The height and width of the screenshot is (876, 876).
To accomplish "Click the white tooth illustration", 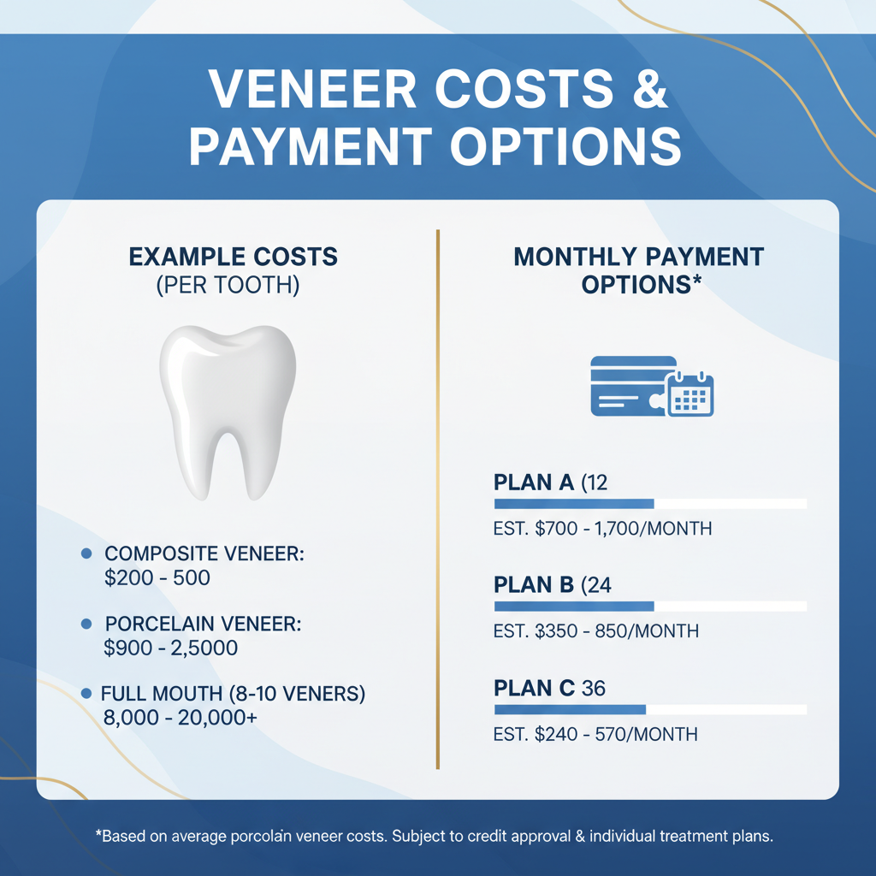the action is (228, 412).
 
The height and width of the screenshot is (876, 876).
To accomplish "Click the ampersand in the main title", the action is (650, 89).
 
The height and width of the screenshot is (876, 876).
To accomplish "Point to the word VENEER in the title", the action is (312, 89).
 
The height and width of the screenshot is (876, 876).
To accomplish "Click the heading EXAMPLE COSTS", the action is (233, 257).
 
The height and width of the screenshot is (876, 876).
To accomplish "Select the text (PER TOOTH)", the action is (228, 285).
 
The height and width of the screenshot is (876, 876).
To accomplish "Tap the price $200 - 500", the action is (157, 577).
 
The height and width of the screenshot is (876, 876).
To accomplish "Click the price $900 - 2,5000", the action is (171, 648).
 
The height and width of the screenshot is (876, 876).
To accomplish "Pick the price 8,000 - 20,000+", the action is (181, 718).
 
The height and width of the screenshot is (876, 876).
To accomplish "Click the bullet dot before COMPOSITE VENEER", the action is (86, 553).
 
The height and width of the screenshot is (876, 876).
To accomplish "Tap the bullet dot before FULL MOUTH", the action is (86, 693).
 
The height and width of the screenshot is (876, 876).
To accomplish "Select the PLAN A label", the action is (534, 482).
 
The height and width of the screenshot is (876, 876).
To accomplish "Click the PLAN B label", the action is (534, 585).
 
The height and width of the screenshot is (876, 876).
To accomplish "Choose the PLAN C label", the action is (534, 689).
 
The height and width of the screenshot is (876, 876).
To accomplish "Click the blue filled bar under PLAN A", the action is (574, 504).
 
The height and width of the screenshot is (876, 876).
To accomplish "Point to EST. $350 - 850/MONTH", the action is (596, 631).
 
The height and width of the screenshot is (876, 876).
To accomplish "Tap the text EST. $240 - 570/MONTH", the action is (595, 734).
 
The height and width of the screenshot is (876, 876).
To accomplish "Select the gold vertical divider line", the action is (438, 499).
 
